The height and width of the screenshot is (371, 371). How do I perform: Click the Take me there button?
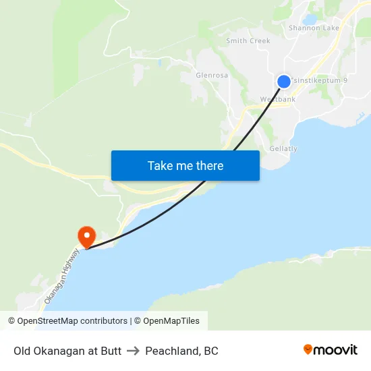(x=185, y=165)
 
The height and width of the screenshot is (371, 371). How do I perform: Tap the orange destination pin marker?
(x=87, y=236)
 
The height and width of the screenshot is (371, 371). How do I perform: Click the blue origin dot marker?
(x=284, y=81)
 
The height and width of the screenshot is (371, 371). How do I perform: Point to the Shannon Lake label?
(x=314, y=28)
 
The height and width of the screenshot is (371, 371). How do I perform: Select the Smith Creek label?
(x=248, y=41)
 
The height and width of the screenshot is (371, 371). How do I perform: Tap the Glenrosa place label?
(x=212, y=76)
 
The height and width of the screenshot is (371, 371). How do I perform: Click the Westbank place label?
(x=278, y=99)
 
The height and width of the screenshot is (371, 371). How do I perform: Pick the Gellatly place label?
(x=283, y=148)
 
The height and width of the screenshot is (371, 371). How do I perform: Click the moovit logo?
(x=330, y=349)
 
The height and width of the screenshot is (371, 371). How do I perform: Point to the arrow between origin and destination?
(x=133, y=351)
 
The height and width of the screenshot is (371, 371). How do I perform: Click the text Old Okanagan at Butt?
(x=67, y=351)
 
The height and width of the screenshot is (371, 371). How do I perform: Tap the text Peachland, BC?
(x=181, y=351)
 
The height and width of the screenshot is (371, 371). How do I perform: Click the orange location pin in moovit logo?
(x=308, y=349)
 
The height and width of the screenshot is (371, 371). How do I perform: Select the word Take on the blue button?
(x=161, y=165)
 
